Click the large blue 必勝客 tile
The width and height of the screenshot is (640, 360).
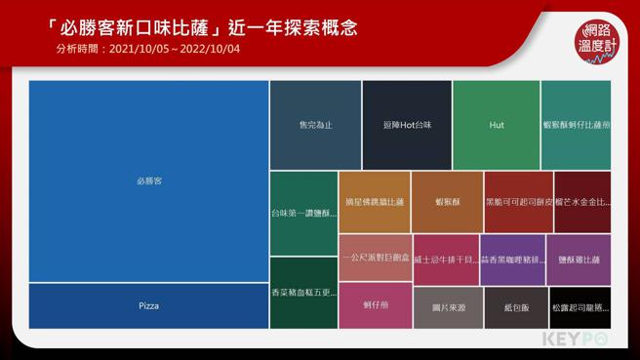(x=148, y=181)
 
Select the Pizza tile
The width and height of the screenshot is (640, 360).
(x=148, y=305)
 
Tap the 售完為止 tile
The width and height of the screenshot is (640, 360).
(x=314, y=125)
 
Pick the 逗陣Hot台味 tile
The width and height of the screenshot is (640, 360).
(x=407, y=125)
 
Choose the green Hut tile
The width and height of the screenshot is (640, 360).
(x=496, y=125)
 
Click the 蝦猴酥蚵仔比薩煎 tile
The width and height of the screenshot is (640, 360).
(x=576, y=125)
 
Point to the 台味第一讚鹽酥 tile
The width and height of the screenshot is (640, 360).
(x=303, y=212)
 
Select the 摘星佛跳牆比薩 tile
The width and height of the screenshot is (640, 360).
(x=374, y=202)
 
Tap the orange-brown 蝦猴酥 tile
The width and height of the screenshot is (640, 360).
(x=447, y=202)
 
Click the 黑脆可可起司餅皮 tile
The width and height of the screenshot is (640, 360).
(x=518, y=202)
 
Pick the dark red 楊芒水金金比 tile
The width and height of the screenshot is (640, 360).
(x=582, y=202)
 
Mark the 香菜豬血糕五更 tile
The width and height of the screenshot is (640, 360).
(x=303, y=292)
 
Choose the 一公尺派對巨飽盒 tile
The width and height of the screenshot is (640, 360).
(x=374, y=258)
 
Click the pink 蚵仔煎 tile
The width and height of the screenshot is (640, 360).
(x=374, y=305)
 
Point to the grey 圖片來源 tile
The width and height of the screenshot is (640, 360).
(x=447, y=307)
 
